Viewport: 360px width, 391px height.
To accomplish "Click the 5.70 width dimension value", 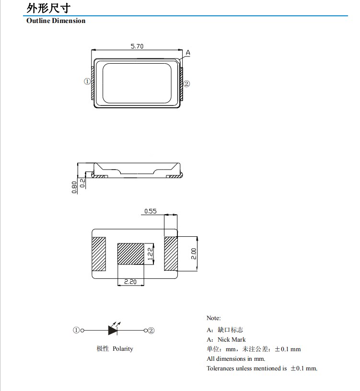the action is click(x=137, y=46).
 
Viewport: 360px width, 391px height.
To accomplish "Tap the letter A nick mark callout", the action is click(x=188, y=52).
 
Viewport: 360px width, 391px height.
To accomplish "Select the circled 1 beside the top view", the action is click(x=87, y=81).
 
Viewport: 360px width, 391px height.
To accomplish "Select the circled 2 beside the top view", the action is click(x=186, y=84).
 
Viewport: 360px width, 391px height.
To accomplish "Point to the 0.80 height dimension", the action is click(x=74, y=187).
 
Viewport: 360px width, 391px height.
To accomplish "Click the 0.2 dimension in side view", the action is click(x=82, y=183).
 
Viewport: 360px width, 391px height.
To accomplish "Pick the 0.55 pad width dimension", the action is click(x=151, y=211).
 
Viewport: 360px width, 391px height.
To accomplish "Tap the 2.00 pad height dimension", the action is click(x=194, y=253).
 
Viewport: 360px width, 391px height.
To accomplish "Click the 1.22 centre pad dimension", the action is click(x=150, y=253).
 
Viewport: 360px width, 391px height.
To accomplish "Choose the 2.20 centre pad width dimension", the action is click(x=130, y=282).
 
